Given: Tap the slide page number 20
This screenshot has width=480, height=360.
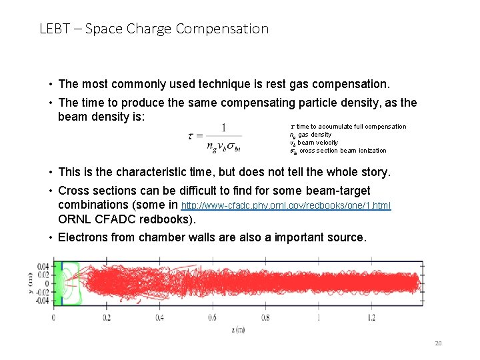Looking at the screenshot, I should tap(438, 343).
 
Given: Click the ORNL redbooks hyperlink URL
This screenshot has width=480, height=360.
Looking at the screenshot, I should tap(287, 205).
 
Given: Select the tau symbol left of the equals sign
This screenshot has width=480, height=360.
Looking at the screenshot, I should tap(191, 135).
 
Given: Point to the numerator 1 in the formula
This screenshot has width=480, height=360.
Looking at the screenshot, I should tap(223, 127).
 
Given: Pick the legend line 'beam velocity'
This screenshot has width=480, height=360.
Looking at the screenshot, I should tap(313, 143).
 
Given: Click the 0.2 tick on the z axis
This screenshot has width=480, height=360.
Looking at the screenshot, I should tap(106, 317).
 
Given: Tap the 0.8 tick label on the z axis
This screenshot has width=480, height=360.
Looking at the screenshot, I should tap(265, 317).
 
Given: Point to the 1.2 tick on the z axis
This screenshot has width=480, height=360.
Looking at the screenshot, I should tap(371, 317).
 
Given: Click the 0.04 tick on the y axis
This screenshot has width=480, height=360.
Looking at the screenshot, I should tap(43, 266).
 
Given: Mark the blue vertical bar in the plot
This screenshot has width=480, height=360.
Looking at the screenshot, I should tap(62, 283).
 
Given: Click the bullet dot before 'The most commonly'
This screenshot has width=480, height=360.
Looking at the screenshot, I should tap(51, 85).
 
